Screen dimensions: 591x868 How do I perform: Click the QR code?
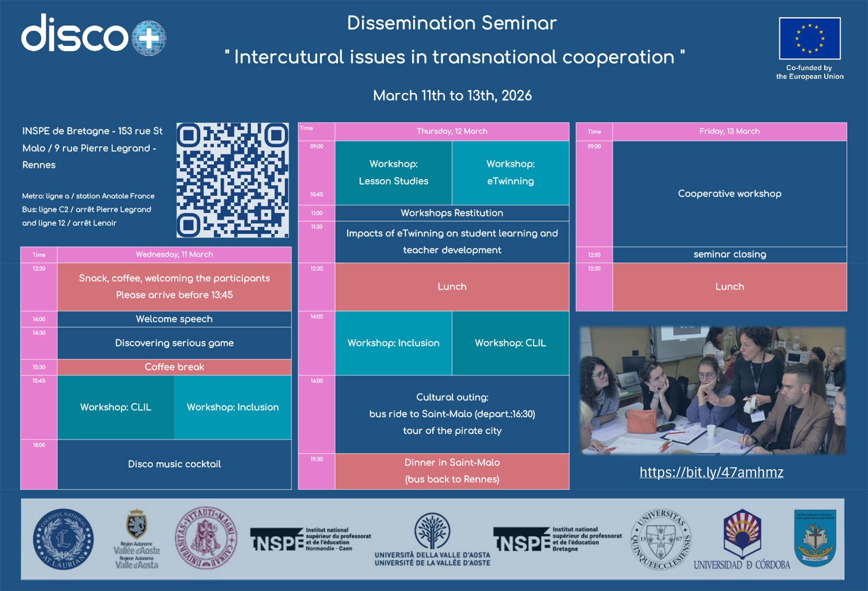[x=232, y=180]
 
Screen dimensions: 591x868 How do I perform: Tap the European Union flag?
[x=809, y=38]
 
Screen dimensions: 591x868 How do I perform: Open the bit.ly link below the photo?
[x=711, y=472]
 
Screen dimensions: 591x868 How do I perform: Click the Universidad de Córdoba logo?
[x=742, y=539]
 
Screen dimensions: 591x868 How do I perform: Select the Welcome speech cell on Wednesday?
[x=174, y=319]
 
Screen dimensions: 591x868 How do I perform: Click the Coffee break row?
[x=174, y=367]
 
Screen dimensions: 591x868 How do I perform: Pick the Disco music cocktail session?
[x=174, y=464]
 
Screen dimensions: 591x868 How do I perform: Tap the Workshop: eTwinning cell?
[x=510, y=172]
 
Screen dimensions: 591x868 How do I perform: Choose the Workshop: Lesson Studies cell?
[x=393, y=172]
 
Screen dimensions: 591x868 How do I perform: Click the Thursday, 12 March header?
[x=452, y=131]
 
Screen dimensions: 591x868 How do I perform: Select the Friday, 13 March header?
[x=729, y=131]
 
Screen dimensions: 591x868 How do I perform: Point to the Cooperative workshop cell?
[x=729, y=194]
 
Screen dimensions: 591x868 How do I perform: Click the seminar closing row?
[x=729, y=255]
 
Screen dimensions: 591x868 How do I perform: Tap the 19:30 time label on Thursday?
[x=316, y=459]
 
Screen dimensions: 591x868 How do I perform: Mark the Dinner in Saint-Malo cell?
[x=452, y=471]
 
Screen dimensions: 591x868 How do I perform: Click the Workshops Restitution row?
[x=452, y=213]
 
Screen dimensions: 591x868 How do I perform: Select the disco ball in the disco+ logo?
[x=149, y=38]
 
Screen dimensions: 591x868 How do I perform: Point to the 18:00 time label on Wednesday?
[x=39, y=445]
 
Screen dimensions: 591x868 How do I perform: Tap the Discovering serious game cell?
[x=174, y=343]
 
